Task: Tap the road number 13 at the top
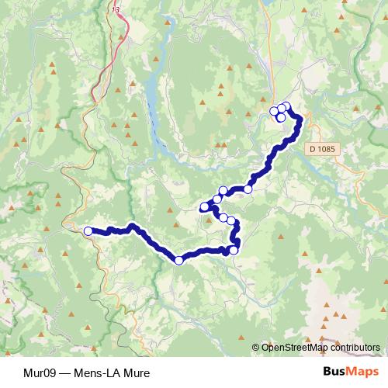click(x=116, y=10)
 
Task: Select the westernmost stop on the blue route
click(x=88, y=230)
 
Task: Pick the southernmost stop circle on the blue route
click(x=179, y=261)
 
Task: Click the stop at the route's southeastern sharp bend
click(x=233, y=250)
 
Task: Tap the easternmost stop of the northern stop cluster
click(x=287, y=107)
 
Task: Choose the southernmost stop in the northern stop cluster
click(x=281, y=118)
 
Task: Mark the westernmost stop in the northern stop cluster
click(x=274, y=111)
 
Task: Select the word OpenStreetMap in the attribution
click(x=290, y=348)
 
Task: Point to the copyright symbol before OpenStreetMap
click(x=256, y=348)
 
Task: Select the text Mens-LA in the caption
click(x=94, y=372)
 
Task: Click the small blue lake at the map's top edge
click(x=268, y=3)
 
